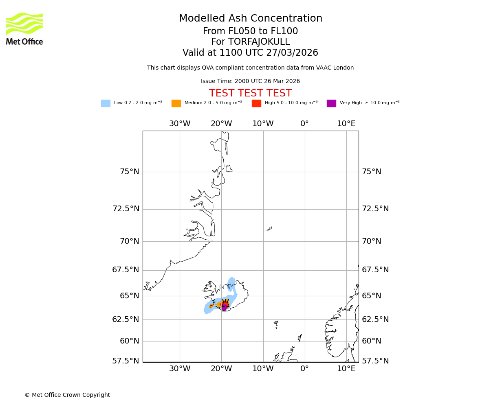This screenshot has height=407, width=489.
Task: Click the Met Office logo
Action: (x=24, y=28)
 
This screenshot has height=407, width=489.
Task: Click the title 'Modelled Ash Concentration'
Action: (x=250, y=19)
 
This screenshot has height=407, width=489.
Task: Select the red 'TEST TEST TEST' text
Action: (x=250, y=94)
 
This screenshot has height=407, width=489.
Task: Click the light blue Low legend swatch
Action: (x=106, y=103)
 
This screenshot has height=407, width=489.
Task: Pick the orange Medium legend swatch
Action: (x=176, y=103)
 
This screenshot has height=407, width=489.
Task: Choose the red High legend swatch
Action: (x=256, y=103)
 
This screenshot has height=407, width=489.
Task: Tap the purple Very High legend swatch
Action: (x=331, y=103)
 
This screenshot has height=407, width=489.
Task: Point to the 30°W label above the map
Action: (x=180, y=124)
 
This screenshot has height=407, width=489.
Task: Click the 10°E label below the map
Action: (x=346, y=369)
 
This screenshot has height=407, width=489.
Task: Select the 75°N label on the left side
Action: (x=129, y=172)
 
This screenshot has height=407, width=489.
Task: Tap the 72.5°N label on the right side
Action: (x=375, y=209)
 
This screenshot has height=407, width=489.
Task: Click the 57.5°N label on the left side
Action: (x=126, y=361)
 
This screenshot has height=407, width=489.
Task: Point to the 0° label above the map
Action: (x=304, y=124)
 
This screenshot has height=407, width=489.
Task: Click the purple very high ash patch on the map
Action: (x=224, y=307)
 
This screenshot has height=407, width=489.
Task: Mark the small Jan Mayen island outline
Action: (x=269, y=229)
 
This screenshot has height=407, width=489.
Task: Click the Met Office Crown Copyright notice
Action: (x=67, y=395)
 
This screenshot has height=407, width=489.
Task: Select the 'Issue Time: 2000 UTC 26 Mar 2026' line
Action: (x=250, y=81)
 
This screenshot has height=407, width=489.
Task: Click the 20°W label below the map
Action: (x=221, y=369)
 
